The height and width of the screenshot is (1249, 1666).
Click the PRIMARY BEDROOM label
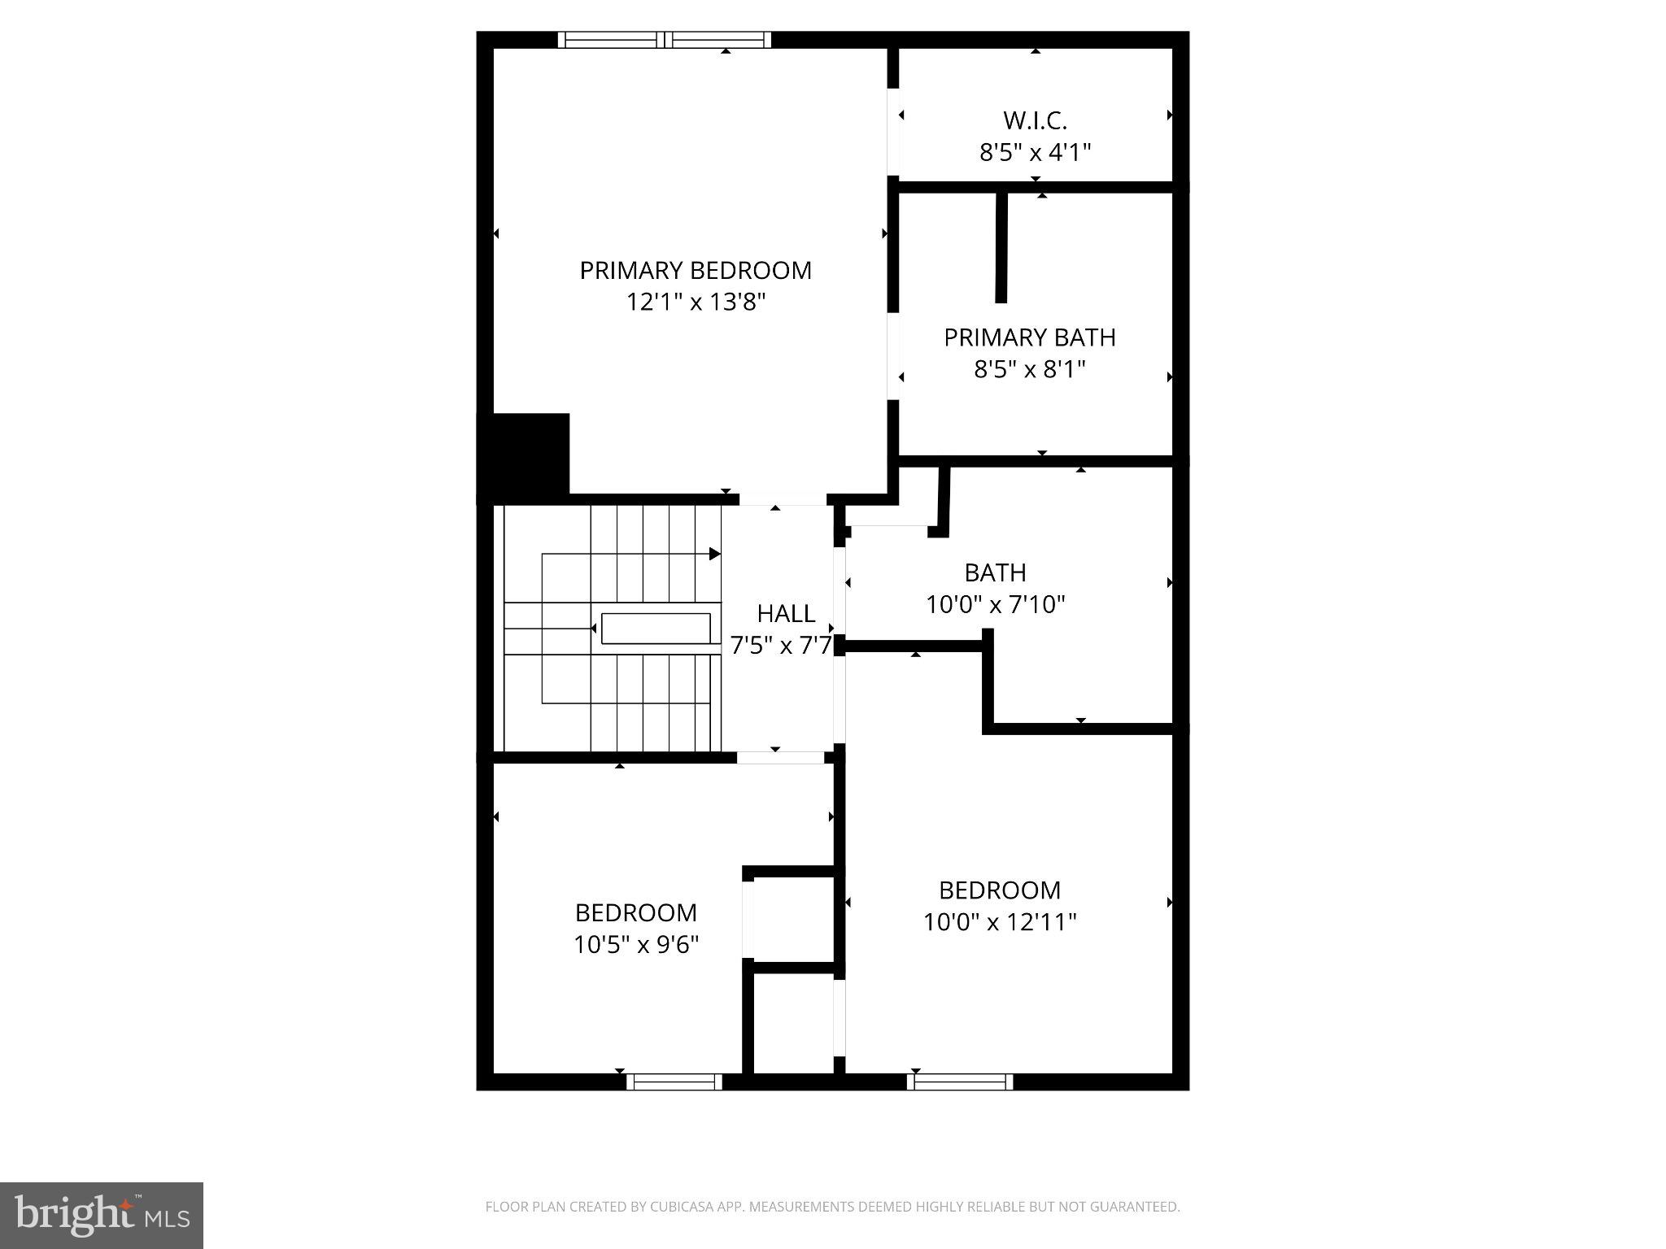(x=696, y=271)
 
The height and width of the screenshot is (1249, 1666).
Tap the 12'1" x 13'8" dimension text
(x=696, y=302)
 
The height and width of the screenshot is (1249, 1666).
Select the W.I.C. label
(x=1035, y=120)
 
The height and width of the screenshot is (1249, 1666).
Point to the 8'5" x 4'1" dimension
(x=1035, y=152)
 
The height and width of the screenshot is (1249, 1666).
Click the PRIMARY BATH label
(x=1029, y=337)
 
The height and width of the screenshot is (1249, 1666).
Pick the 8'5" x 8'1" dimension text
(x=1029, y=370)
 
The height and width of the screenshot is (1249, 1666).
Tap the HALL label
(x=786, y=613)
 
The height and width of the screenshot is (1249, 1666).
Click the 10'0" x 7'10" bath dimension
(x=995, y=605)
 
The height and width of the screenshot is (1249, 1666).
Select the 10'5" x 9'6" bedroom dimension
(x=636, y=945)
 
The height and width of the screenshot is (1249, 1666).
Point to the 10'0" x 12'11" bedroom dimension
(x=1000, y=922)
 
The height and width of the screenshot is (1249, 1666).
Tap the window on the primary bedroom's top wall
(x=665, y=40)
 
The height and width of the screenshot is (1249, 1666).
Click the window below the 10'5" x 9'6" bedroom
(x=674, y=1081)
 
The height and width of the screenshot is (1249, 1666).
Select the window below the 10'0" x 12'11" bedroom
(x=960, y=1081)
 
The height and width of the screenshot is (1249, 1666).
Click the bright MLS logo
(x=102, y=1216)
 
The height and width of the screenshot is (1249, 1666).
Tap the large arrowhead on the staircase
(x=714, y=554)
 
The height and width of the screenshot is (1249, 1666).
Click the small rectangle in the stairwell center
(x=656, y=629)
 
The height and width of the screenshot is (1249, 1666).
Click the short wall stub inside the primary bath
(x=1001, y=247)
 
